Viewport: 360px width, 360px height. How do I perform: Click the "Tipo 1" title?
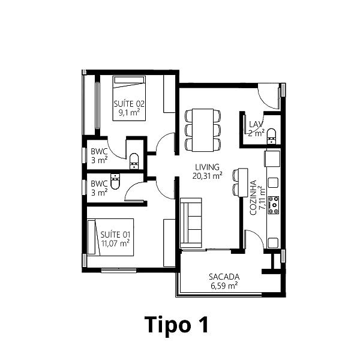pos(176,325)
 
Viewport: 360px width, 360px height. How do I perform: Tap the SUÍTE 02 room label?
pos(129,104)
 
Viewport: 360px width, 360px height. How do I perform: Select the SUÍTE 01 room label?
pos(115,235)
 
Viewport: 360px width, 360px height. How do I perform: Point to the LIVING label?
pos(207,167)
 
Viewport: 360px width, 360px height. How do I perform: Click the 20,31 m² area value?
pos(207,176)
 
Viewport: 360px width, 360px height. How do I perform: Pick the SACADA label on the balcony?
pos(224,277)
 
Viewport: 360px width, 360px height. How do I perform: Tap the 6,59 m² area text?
pos(224,286)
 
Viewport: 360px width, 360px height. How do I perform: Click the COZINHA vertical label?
pos(253,197)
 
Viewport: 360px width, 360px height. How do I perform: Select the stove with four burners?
pos(274,205)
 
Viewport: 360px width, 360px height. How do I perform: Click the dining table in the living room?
pos(203,130)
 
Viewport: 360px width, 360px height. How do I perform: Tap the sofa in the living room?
pos(191,223)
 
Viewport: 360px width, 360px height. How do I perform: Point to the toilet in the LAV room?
pos(272,136)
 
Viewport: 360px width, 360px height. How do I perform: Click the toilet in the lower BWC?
pos(115,182)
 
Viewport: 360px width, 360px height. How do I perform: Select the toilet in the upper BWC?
pos(134,161)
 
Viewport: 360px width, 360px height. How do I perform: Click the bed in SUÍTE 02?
pos(129,98)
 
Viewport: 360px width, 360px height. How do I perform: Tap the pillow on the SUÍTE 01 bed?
pos(91,238)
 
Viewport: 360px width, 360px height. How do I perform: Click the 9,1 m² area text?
pos(129,113)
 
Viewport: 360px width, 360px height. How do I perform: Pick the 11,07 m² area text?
pos(115,244)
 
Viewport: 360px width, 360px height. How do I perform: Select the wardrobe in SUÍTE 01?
pos(169,243)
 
